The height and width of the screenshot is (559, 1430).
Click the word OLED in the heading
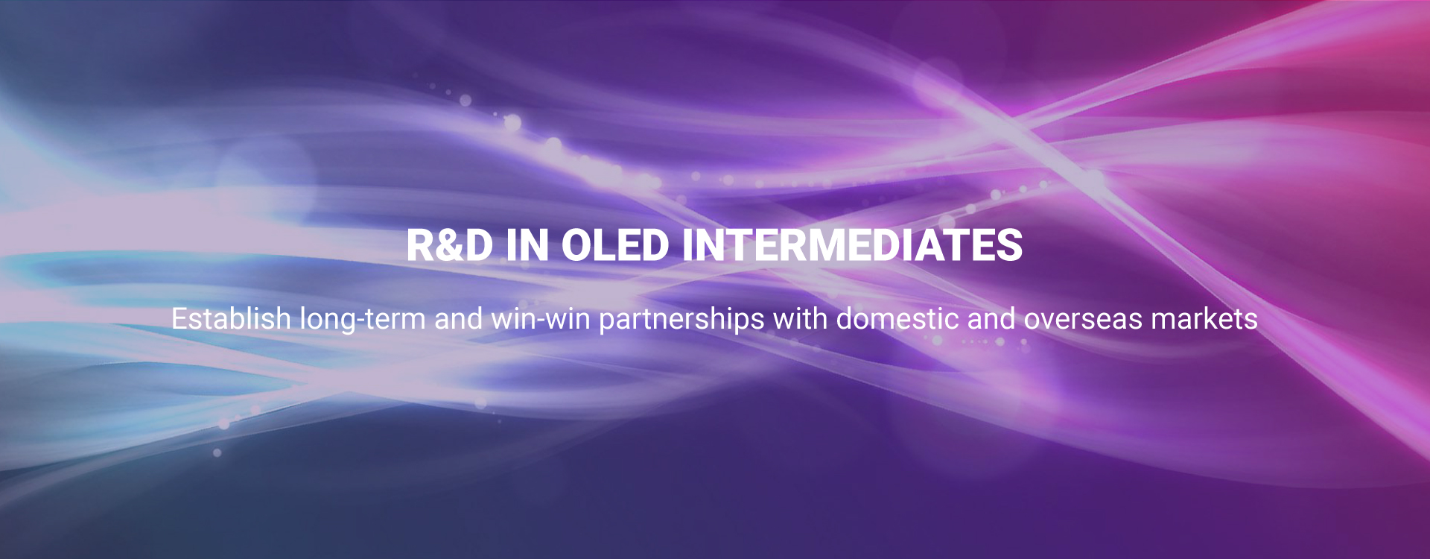click(615, 245)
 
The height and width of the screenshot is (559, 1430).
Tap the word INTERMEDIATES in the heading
click(853, 245)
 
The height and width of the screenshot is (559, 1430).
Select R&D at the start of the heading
click(450, 245)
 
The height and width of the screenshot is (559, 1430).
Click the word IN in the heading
click(527, 245)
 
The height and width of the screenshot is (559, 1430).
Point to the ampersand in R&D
click(450, 245)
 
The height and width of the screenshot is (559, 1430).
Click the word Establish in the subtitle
click(231, 318)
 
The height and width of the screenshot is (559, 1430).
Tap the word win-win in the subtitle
click(540, 318)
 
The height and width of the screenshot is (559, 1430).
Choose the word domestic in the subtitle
click(897, 318)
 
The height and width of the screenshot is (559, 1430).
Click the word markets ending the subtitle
click(1204, 318)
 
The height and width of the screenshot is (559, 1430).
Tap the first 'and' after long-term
click(458, 318)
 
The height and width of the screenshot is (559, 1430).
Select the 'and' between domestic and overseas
click(991, 318)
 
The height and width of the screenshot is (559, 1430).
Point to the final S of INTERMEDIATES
click(1010, 245)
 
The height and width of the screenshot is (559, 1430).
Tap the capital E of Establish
click(179, 319)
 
